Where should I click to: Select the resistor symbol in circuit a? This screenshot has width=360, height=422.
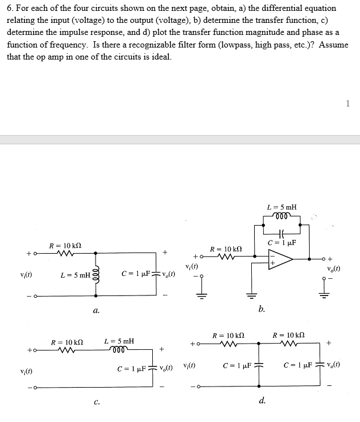[61, 253]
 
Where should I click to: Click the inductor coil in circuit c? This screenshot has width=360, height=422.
[120, 349]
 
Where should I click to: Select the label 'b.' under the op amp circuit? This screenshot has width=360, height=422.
[262, 310]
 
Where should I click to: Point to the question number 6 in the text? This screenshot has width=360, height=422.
[9, 9]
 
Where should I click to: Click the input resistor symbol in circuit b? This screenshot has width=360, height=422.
[221, 256]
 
